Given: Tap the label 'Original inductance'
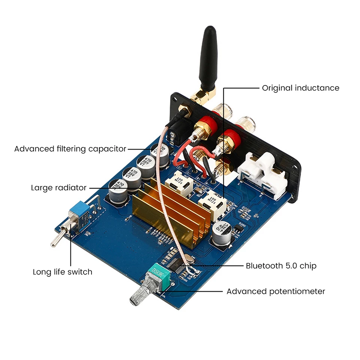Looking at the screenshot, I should coord(300,88).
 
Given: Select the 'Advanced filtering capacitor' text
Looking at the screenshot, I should coord(70,149).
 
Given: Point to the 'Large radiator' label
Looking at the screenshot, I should coord(59,187).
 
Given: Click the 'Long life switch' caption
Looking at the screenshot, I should coord(62,272).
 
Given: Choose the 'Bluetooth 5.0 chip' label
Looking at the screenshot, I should coord(281,266).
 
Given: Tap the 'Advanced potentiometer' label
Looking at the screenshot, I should coord(276,291).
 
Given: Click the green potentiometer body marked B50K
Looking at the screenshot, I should coord(160,276).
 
